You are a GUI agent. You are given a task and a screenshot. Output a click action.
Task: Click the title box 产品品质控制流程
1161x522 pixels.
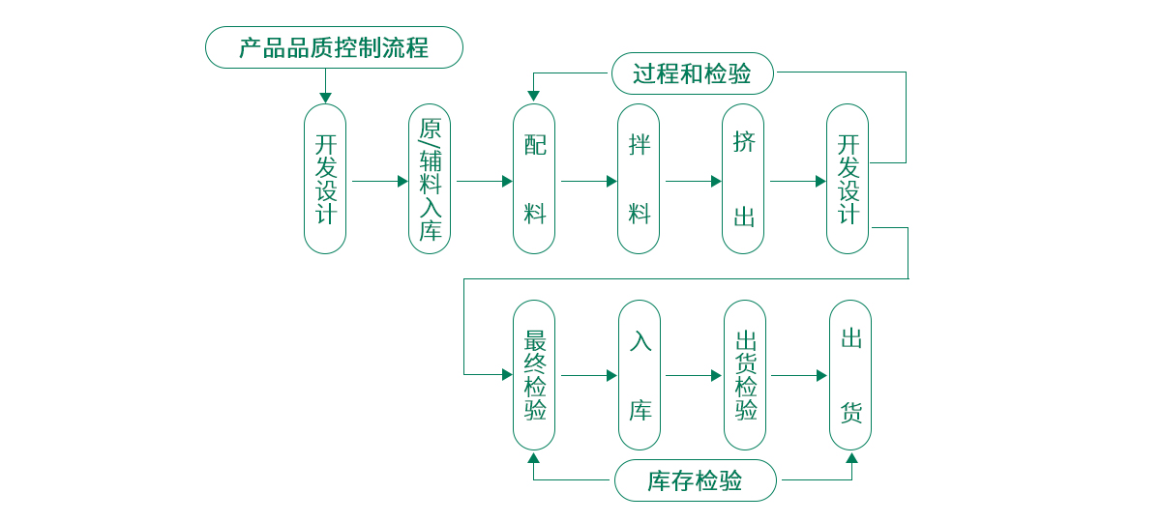pyautogui.click(x=334, y=47)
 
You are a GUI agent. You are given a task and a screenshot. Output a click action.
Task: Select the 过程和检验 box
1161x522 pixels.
pyautogui.click(x=693, y=73)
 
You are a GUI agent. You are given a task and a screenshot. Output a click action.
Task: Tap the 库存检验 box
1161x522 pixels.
pyautogui.click(x=695, y=480)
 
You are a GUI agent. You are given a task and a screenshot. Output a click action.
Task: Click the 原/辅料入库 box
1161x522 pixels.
pyautogui.click(x=430, y=179)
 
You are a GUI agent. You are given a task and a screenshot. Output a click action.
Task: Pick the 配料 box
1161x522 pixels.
pyautogui.click(x=534, y=179)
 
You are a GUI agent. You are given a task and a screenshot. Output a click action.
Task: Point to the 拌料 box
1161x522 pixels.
pyautogui.click(x=639, y=179)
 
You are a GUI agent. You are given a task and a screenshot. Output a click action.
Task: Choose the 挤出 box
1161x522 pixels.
pyautogui.click(x=743, y=179)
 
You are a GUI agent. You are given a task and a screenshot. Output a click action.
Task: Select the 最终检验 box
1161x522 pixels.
pyautogui.click(x=534, y=375)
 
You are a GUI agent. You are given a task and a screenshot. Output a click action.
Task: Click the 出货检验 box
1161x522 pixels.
pyautogui.click(x=745, y=375)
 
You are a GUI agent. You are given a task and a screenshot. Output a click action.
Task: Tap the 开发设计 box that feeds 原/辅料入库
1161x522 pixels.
pyautogui.click(x=325, y=179)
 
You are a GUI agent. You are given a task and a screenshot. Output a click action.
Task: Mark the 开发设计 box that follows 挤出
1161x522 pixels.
pyautogui.click(x=848, y=179)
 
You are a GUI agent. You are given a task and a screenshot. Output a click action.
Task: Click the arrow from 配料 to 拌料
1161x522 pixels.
pyautogui.click(x=588, y=181)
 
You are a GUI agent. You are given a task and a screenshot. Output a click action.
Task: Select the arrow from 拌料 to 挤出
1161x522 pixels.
pyautogui.click(x=693, y=181)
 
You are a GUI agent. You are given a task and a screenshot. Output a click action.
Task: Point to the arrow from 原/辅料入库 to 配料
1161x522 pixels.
pyautogui.click(x=484, y=181)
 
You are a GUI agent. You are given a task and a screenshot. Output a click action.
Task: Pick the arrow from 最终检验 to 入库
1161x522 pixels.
pyautogui.click(x=588, y=375)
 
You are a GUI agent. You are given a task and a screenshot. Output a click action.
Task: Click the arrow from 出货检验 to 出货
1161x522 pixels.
pyautogui.click(x=798, y=375)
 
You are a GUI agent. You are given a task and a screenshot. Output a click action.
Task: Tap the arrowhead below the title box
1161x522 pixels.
pyautogui.click(x=325, y=98)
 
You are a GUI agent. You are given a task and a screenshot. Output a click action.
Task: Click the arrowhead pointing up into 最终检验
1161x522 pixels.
pyautogui.click(x=534, y=458)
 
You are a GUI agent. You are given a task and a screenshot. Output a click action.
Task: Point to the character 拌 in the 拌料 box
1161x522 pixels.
pyautogui.click(x=639, y=145)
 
